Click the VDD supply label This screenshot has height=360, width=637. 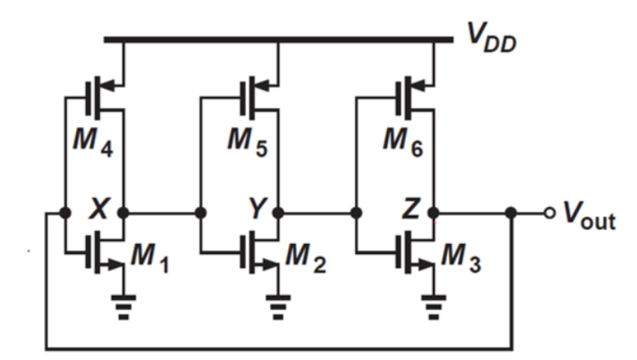click(x=493, y=35)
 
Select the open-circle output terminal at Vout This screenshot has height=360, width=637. click(x=550, y=213)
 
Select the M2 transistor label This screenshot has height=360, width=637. click(x=304, y=259)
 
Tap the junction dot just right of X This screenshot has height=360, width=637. click(x=123, y=213)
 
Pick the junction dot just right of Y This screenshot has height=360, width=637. click(x=279, y=213)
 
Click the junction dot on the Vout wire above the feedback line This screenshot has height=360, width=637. click(x=511, y=213)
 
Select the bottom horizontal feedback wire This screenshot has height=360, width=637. click(x=279, y=348)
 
